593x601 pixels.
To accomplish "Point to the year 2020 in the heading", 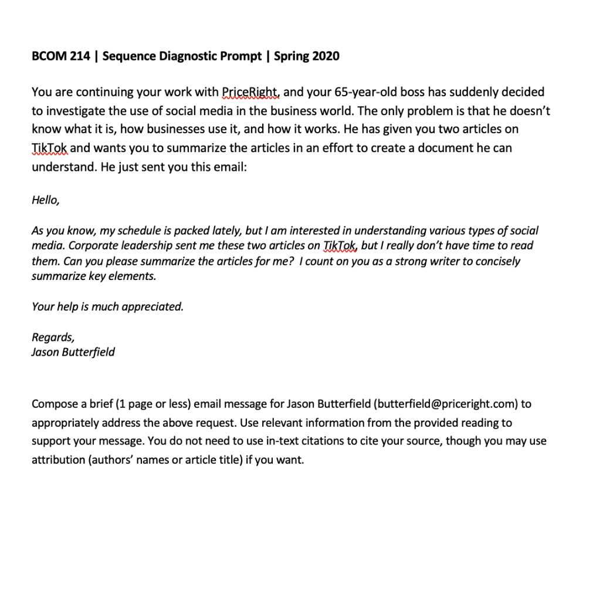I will tap(326, 56).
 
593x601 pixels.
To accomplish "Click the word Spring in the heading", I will tap(292, 56).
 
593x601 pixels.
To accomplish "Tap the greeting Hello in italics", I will tap(45, 200).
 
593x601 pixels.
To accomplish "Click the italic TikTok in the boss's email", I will tap(341, 246).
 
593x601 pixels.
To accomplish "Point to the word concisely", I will tap(497, 261).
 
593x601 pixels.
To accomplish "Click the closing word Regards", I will tap(53, 337).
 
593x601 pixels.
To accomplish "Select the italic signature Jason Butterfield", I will tap(73, 352).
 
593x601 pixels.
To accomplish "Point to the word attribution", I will tap(57, 460).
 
